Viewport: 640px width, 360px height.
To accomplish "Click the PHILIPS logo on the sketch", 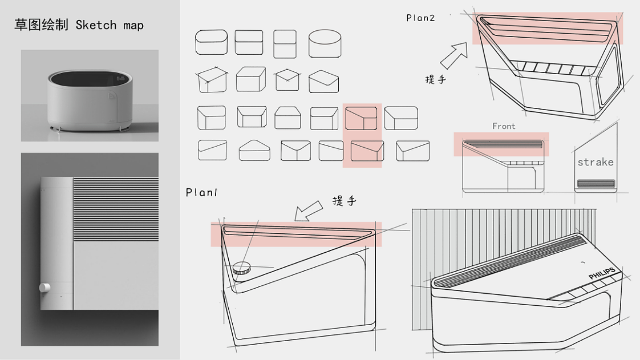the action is (602, 273).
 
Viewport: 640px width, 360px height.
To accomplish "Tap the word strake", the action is (595, 162).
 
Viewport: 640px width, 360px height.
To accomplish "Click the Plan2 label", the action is (420, 18).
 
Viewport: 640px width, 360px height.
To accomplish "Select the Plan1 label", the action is (202, 192).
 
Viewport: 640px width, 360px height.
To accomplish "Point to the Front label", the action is (504, 126).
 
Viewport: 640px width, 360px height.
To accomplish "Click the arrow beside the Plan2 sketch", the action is (453, 55).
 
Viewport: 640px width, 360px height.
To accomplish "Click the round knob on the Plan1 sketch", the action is (241, 268).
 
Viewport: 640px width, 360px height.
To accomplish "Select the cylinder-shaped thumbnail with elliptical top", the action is (325, 43).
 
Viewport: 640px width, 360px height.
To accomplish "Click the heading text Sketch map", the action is (110, 25).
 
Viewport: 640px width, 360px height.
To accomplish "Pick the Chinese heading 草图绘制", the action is (41, 25).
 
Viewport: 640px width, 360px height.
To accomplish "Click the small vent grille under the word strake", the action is (596, 183).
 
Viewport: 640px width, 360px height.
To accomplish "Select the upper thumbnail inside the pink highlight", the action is (361, 118).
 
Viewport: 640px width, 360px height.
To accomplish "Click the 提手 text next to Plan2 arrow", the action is (436, 79).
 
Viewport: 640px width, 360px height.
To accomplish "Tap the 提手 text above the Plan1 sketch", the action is (344, 200).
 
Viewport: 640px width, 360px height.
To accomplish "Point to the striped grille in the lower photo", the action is (116, 208).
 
